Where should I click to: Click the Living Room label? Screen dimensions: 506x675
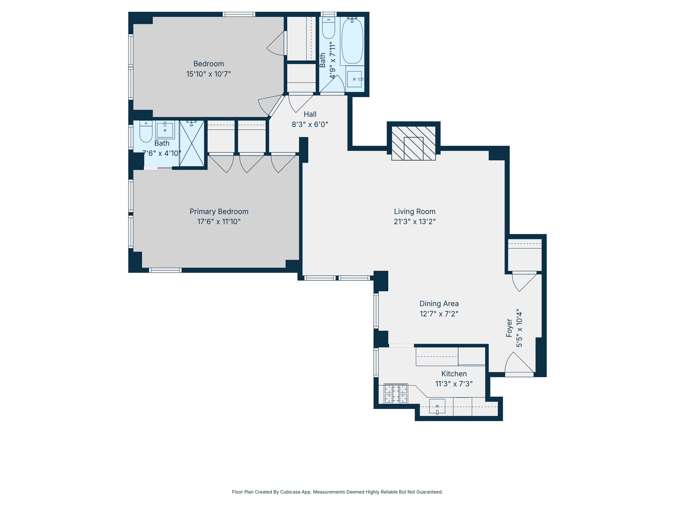(414, 211)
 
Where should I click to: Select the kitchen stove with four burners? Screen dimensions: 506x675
(396, 394)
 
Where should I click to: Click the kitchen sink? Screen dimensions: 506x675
(437, 406)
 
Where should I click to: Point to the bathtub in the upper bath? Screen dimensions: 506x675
(352, 41)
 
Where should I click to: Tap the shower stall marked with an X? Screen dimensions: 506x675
(192, 143)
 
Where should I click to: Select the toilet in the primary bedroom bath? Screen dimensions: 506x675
(146, 132)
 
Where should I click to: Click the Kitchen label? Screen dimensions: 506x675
(454, 374)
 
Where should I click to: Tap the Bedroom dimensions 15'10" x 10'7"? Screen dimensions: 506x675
(208, 74)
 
